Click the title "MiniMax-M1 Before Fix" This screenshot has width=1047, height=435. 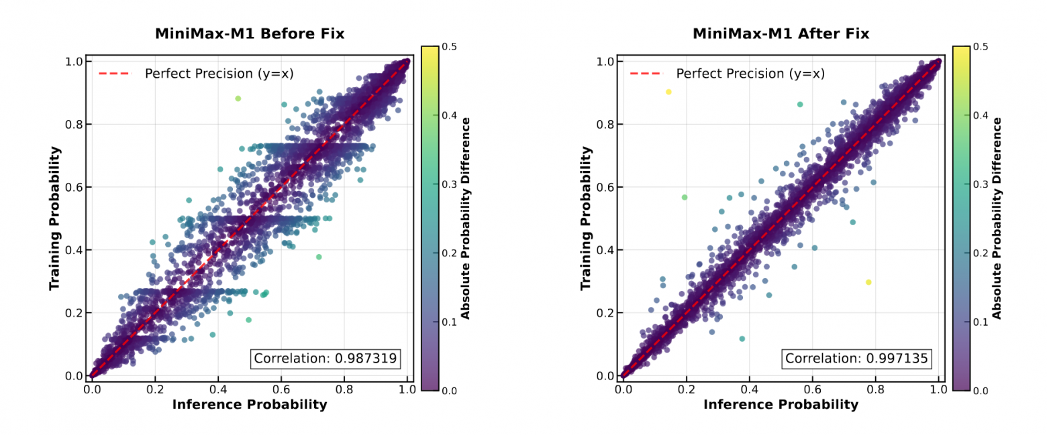(x=250, y=34)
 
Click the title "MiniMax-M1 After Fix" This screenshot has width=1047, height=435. (x=781, y=34)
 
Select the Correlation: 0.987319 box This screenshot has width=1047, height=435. (x=326, y=359)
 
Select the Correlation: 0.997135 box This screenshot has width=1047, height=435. (x=857, y=359)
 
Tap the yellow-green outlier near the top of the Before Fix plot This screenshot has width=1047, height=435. (x=238, y=99)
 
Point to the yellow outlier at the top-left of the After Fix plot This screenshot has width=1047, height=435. (x=668, y=92)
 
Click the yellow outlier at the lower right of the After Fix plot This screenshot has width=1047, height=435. (x=868, y=282)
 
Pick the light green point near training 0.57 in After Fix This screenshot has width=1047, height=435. (x=685, y=197)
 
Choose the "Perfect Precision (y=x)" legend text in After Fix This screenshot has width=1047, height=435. (x=750, y=73)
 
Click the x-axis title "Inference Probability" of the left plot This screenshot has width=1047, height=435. (x=250, y=404)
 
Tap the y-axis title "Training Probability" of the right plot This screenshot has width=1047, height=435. (x=586, y=219)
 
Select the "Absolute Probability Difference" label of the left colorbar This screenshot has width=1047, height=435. (x=464, y=219)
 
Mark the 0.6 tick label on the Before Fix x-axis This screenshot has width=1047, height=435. (x=281, y=388)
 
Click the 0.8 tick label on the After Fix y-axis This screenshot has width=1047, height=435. (x=605, y=124)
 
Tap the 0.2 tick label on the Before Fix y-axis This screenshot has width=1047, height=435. (x=74, y=313)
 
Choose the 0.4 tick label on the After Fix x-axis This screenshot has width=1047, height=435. (x=748, y=388)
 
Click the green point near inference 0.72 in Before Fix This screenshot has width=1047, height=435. (x=319, y=257)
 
